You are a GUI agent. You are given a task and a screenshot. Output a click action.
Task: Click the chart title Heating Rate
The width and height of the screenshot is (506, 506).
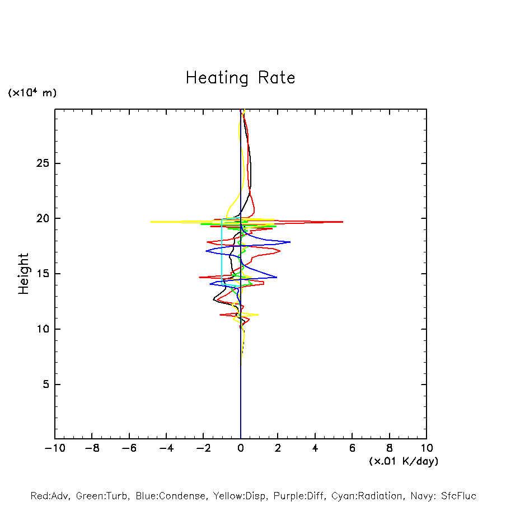click(240, 78)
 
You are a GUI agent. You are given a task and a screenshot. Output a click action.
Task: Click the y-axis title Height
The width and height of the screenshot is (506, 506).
click(24, 274)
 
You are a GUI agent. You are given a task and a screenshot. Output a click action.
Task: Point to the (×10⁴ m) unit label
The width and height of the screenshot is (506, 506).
click(32, 93)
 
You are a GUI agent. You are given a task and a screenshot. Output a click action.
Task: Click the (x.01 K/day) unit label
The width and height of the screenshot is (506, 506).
click(403, 461)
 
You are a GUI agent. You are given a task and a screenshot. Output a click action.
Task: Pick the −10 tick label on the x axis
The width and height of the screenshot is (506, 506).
click(54, 448)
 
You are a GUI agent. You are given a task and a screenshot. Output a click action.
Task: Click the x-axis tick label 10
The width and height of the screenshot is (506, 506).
click(427, 448)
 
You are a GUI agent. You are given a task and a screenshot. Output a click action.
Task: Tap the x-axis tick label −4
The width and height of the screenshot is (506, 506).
click(166, 448)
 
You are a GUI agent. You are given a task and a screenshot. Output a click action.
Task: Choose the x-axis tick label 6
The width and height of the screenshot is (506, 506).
click(352, 448)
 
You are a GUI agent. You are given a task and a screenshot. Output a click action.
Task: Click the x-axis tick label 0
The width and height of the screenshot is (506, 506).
click(241, 448)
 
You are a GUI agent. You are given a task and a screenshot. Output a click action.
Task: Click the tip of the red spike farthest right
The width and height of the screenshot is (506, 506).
click(343, 222)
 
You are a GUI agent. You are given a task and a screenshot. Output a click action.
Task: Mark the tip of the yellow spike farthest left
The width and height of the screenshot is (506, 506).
click(151, 222)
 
